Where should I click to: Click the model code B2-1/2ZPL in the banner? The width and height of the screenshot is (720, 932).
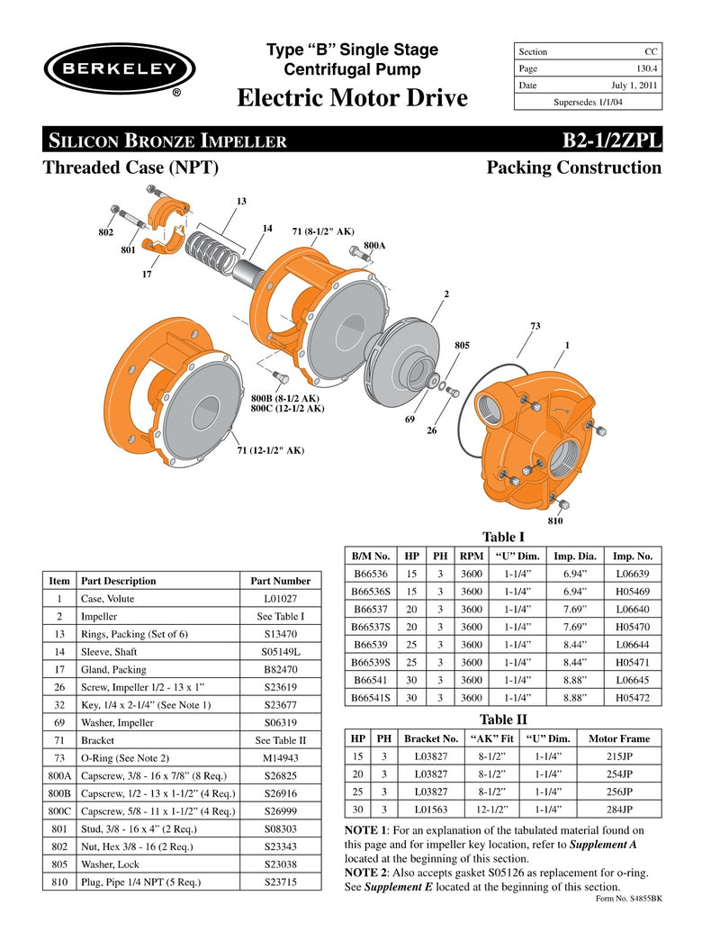point(611,140)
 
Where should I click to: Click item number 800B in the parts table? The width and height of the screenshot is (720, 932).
point(58,793)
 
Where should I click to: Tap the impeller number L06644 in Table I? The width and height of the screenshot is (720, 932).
point(633,645)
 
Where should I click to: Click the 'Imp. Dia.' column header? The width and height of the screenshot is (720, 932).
point(575,556)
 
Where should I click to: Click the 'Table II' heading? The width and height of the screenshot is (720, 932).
point(503,719)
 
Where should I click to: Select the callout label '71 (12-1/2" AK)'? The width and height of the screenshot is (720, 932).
point(270,449)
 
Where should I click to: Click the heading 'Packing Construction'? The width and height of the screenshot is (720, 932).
point(573,167)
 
